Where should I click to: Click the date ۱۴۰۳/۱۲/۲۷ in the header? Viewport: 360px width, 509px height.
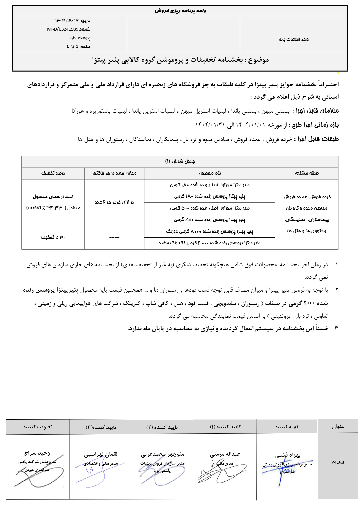67,21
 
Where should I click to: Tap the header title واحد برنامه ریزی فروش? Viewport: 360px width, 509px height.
180,11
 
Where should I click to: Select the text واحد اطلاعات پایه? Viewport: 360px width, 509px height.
293,39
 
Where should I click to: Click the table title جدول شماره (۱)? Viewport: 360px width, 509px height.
180,162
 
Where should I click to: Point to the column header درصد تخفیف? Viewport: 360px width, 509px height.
53,173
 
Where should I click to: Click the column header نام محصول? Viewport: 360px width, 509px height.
210,173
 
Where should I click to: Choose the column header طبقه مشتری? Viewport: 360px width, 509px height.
306,173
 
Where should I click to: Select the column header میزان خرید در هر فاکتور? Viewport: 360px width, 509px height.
114,173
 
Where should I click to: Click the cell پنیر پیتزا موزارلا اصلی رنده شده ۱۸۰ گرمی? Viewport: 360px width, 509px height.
210,185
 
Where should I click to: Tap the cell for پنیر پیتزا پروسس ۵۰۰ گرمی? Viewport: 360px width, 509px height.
210,220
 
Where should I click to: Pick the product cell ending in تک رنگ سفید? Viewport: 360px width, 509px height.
210,243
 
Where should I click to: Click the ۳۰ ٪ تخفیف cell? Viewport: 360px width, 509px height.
53,237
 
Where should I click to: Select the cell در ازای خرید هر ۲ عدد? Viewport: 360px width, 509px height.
114,202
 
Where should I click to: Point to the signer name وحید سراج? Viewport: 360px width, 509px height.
37,453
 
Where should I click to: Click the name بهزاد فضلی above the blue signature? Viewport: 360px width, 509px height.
287,455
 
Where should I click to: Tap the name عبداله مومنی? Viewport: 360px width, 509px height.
225,454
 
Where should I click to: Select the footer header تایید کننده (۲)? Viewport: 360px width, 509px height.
162,427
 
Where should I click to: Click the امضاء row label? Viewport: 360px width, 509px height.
338,463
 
